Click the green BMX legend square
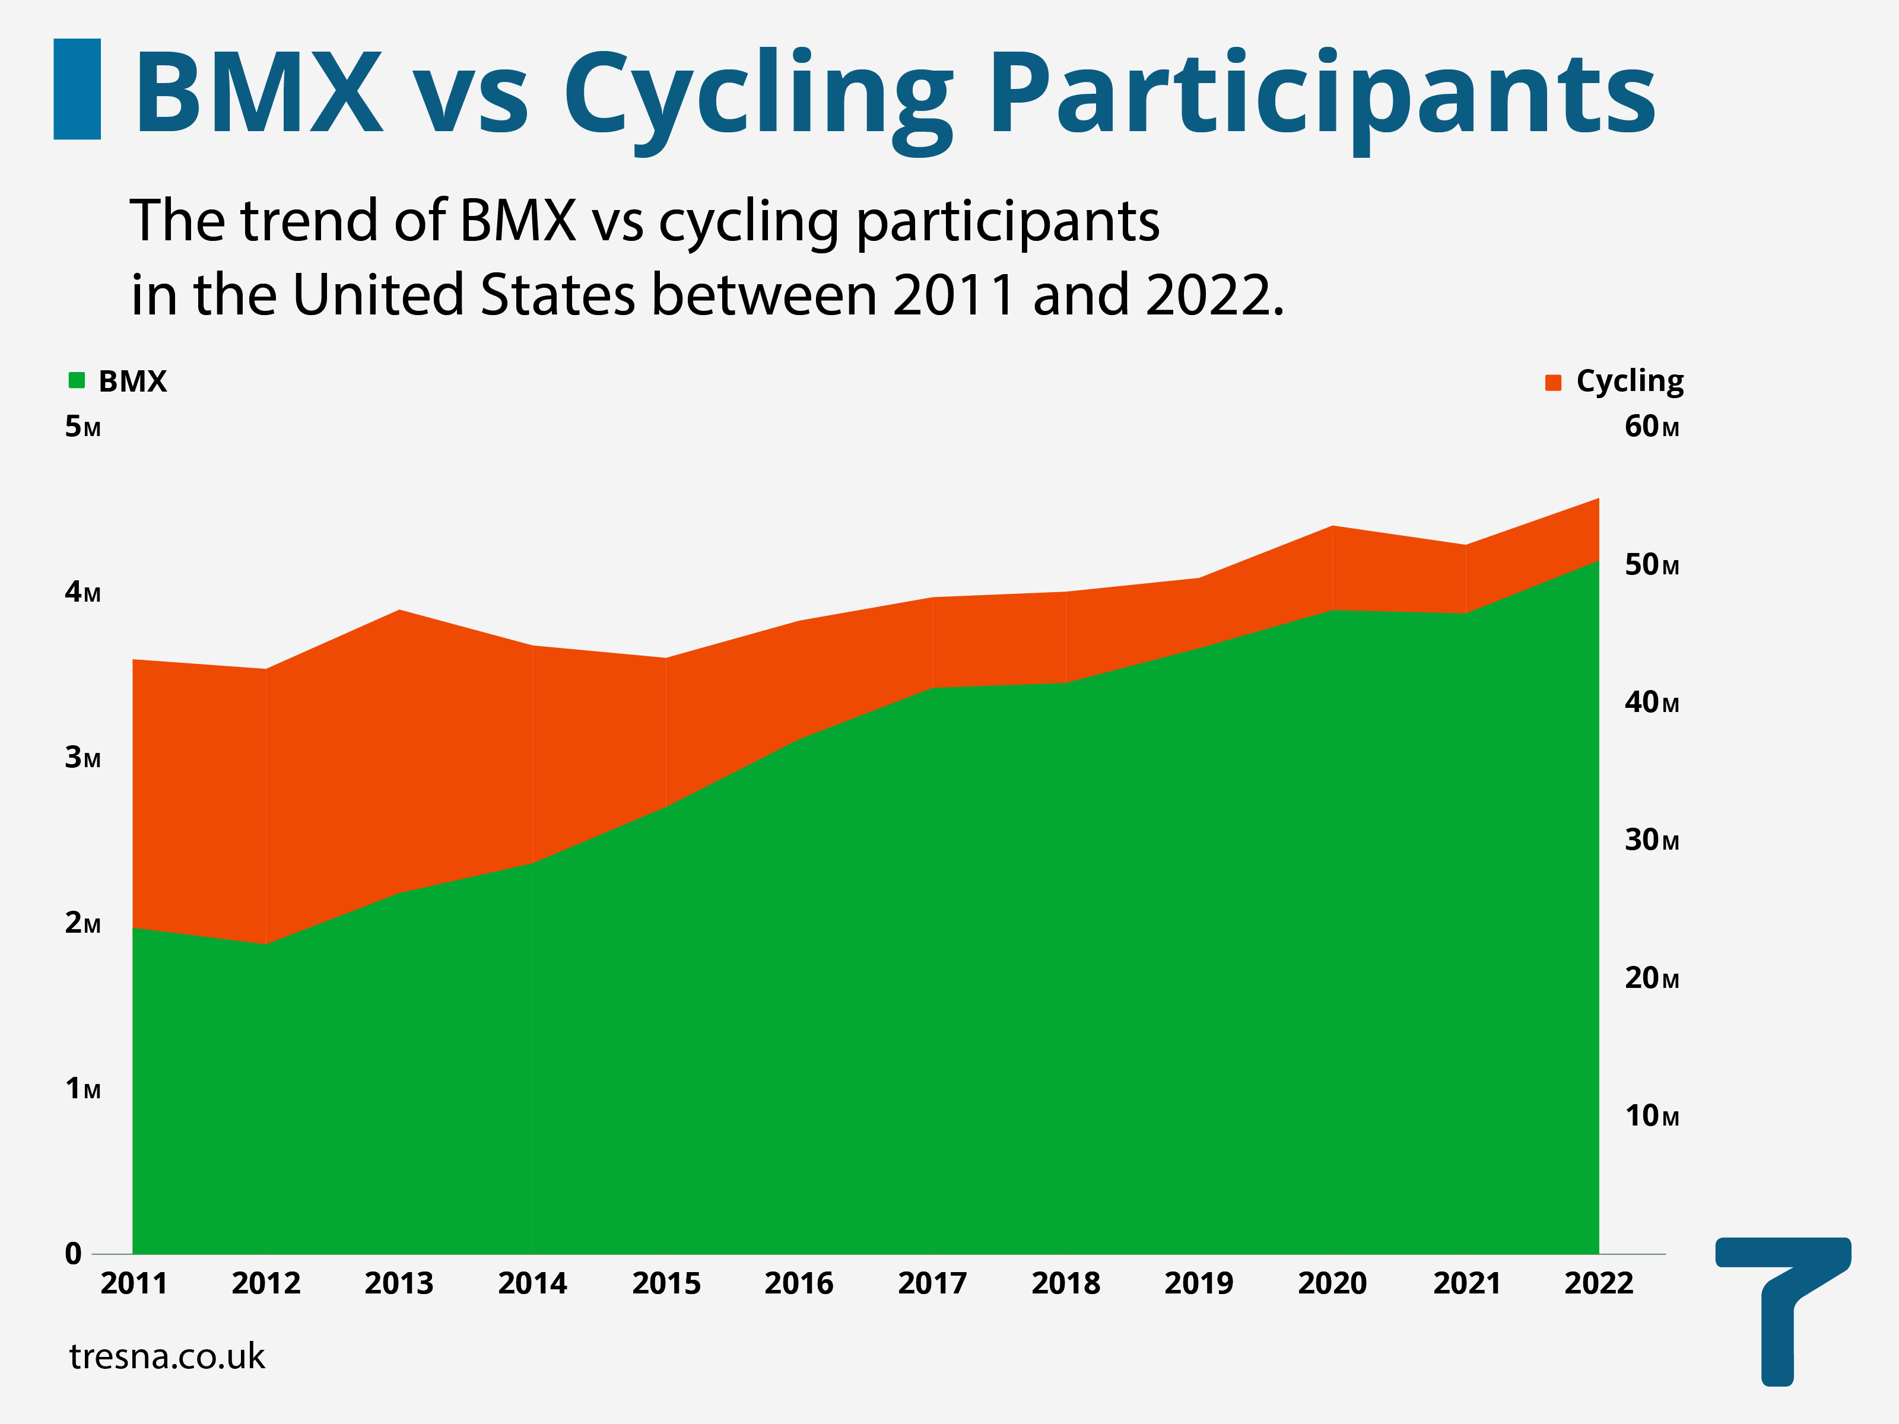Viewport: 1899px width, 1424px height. click(x=77, y=380)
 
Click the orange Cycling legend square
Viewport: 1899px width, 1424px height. click(x=1553, y=383)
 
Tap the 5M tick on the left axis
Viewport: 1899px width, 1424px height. click(x=82, y=427)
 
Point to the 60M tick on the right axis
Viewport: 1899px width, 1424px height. click(x=1651, y=427)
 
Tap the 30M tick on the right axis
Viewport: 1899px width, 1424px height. click(x=1651, y=840)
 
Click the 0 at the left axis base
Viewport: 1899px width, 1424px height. click(x=74, y=1254)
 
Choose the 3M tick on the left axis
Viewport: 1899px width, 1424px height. click(x=82, y=757)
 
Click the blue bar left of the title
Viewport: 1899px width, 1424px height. click(x=77, y=89)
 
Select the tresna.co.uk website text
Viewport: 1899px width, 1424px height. click(x=167, y=1357)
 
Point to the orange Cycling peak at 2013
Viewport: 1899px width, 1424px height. click(x=399, y=611)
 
